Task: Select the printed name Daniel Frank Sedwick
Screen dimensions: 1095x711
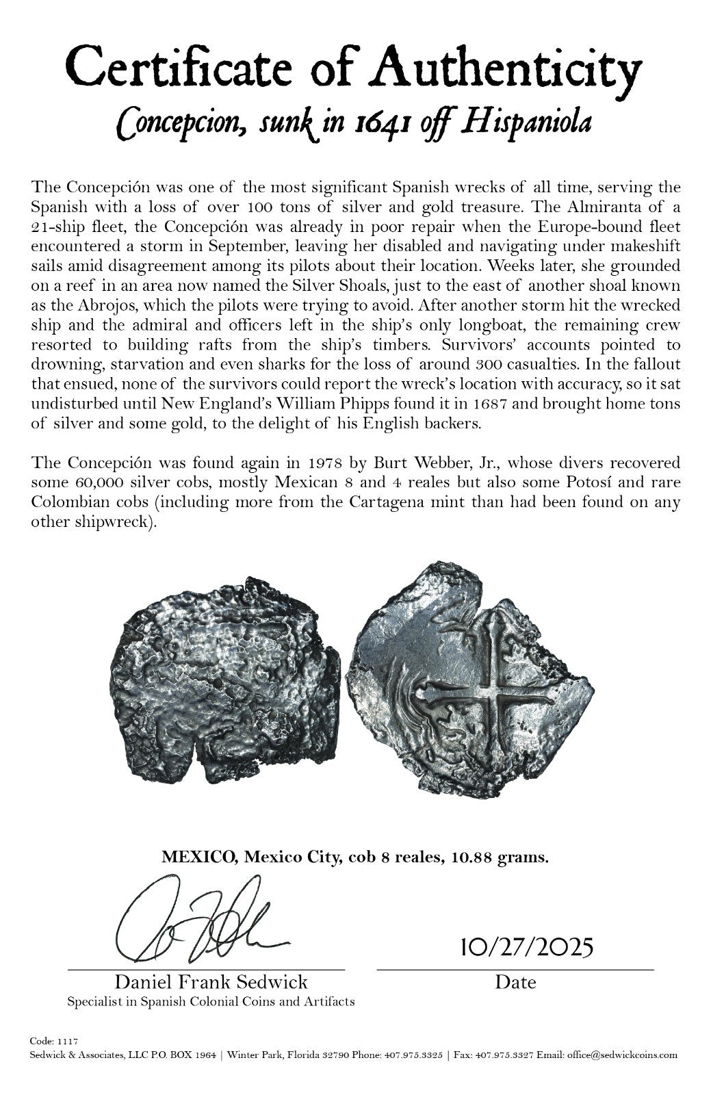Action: coord(211,982)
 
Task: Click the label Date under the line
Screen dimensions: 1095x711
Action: coord(515,982)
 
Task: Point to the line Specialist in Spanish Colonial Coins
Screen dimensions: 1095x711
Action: coord(211,1001)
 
